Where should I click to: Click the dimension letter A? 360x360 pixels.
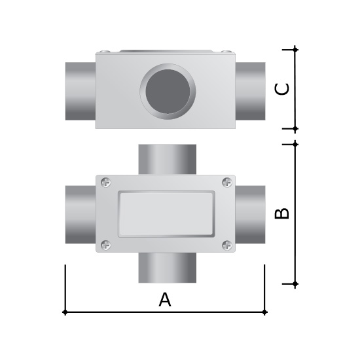point(165,300)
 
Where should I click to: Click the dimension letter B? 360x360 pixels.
point(282,213)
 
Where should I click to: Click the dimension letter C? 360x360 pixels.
point(282,89)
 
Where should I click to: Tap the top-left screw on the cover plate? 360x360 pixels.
point(106,183)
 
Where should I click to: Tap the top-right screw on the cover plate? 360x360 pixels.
point(227,183)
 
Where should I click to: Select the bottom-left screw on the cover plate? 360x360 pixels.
point(106,245)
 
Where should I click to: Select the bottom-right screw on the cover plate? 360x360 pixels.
point(227,245)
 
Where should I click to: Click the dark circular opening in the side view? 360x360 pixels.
point(168,92)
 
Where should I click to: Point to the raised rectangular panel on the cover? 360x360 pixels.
point(166,214)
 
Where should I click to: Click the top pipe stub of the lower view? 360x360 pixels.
point(168,159)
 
